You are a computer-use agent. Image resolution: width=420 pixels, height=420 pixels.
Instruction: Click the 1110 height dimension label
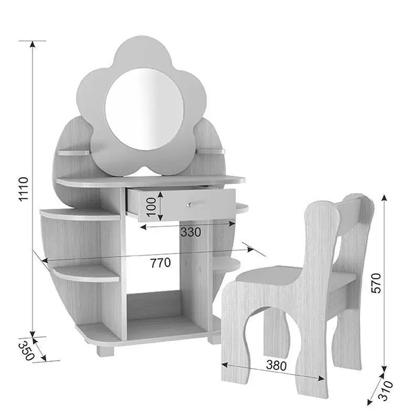click(x=23, y=189)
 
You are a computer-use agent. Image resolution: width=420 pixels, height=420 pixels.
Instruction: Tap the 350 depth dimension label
click(x=27, y=350)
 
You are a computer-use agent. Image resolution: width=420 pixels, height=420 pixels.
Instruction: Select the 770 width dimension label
click(x=160, y=263)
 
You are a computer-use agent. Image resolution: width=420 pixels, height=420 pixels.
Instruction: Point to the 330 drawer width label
click(x=190, y=232)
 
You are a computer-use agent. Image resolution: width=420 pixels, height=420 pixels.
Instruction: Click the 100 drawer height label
click(x=151, y=207)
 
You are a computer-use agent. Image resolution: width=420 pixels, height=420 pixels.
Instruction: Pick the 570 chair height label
click(x=376, y=283)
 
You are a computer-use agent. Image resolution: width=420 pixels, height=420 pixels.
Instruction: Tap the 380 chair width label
click(x=276, y=365)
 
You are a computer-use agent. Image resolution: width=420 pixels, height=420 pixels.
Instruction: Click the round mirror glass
click(x=144, y=109)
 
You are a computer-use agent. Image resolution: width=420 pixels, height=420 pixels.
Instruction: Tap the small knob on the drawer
click(x=189, y=205)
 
